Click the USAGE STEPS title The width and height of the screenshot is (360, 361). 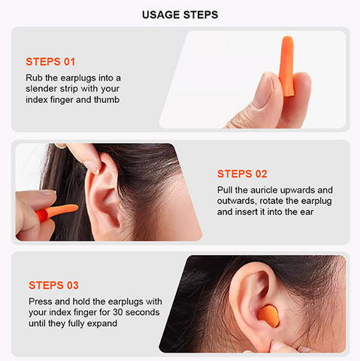[x=180, y=15]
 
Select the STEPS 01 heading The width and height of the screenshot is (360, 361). [x=50, y=62]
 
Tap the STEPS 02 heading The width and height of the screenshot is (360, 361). [x=242, y=174]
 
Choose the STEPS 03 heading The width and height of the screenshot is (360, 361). [x=53, y=285]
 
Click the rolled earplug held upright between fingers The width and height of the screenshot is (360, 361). [x=287, y=65]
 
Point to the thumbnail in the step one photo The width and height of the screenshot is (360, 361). [x=264, y=91]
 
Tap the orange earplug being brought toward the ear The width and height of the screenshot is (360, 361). [x=57, y=212]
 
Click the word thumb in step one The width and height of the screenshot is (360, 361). [x=107, y=100]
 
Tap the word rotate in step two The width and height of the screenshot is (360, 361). [x=271, y=201]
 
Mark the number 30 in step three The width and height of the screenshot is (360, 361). [x=117, y=312]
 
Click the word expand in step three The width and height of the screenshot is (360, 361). [x=101, y=323]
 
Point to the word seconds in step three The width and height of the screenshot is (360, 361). [x=142, y=312]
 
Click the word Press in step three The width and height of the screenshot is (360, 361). [x=41, y=302]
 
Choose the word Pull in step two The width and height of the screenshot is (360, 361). [x=225, y=190]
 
